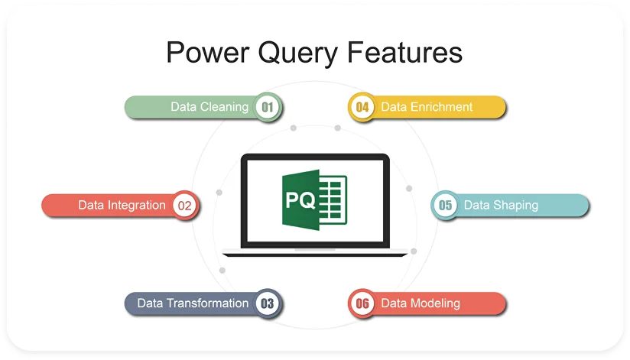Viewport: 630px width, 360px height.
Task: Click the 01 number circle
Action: [x=268, y=107]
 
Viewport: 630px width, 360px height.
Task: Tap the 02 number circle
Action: [x=184, y=205]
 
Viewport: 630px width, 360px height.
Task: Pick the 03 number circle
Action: [x=268, y=303]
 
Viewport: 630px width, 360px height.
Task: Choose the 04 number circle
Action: [x=362, y=107]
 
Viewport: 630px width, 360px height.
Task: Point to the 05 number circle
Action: [x=446, y=205]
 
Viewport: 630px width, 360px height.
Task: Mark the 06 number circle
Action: [x=362, y=303]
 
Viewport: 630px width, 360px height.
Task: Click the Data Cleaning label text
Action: [x=209, y=107]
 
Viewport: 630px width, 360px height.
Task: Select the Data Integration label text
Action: [x=122, y=205]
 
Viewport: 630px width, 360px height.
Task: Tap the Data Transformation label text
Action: [x=193, y=303]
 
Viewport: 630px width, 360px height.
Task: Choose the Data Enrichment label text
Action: [x=427, y=107]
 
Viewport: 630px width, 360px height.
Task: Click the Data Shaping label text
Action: [x=501, y=205]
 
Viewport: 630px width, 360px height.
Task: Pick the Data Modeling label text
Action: [x=421, y=303]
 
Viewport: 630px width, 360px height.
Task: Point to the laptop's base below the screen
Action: [x=314, y=253]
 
